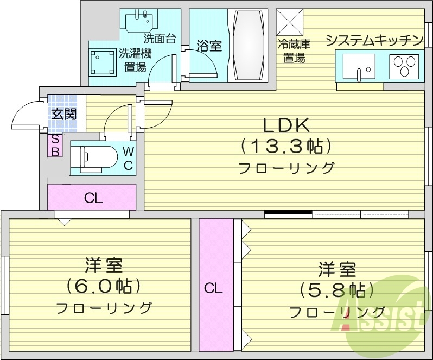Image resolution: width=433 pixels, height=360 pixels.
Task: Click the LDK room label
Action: [286, 125]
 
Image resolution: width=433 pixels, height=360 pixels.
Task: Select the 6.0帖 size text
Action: [103, 285]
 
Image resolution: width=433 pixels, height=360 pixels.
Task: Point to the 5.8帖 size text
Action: [336, 288]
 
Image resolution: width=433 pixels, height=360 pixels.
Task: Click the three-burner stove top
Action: [404, 67]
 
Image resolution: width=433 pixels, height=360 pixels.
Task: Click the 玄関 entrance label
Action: [63, 114]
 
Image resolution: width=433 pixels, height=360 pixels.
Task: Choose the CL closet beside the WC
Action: [92, 198]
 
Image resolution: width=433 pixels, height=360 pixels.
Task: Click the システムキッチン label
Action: [374, 40]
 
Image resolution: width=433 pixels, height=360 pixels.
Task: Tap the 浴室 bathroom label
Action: [208, 46]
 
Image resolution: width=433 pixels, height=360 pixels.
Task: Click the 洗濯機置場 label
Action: [135, 60]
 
